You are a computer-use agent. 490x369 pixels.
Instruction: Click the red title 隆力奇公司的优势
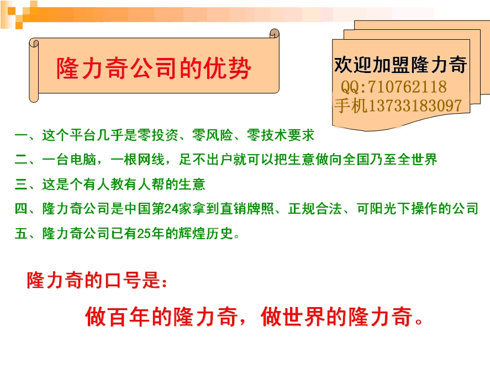tap(154, 68)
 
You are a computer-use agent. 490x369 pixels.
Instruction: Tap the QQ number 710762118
tap(407, 87)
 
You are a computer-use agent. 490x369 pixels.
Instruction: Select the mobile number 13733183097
tap(415, 106)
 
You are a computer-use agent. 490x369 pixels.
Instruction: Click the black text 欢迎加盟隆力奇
tap(401, 65)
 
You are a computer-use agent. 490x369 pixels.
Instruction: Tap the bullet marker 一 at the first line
tap(21, 135)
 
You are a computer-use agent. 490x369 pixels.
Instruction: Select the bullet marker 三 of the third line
tap(21, 184)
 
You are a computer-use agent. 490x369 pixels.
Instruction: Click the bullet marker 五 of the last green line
tap(21, 233)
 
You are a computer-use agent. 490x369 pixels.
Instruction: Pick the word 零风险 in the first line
tap(212, 135)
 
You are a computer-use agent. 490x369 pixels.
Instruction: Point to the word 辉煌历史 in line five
tap(206, 233)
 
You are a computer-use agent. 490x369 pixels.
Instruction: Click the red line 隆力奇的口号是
tap(97, 280)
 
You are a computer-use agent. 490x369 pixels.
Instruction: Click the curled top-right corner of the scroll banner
tap(274, 34)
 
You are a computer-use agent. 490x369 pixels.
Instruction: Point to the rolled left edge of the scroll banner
tap(34, 70)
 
